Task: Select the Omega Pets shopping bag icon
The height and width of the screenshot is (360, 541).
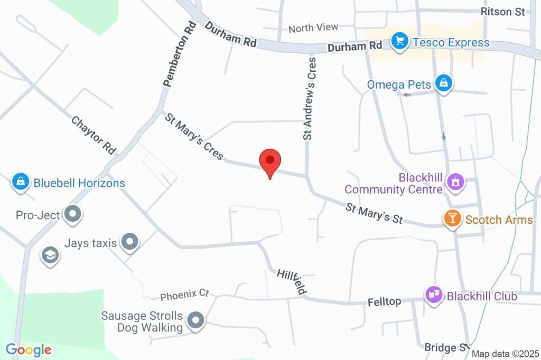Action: pyautogui.click(x=444, y=83)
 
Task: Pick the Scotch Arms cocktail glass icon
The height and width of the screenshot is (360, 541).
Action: pyautogui.click(x=452, y=219)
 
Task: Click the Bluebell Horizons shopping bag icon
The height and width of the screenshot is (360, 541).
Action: pyautogui.click(x=20, y=183)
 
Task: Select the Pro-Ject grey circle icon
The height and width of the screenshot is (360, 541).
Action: pyautogui.click(x=73, y=214)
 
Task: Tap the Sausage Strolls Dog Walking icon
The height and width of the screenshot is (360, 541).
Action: pyautogui.click(x=197, y=320)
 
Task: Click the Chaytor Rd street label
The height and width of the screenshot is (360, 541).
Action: pyautogui.click(x=94, y=135)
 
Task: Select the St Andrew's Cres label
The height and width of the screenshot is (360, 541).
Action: pyautogui.click(x=310, y=98)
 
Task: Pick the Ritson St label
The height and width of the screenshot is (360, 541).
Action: pyautogui.click(x=502, y=12)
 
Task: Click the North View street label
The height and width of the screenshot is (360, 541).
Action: pyautogui.click(x=313, y=27)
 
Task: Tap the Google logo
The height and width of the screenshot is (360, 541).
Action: pyautogui.click(x=28, y=349)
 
